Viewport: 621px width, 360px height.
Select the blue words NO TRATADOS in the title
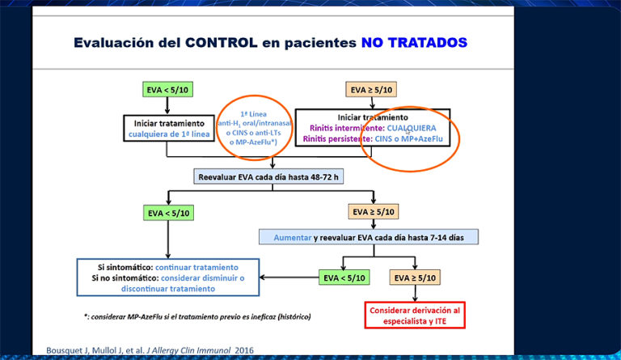tap(414, 41)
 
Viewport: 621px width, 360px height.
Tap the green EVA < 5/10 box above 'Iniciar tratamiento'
tap(168, 90)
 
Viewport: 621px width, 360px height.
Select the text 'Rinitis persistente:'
tap(336, 139)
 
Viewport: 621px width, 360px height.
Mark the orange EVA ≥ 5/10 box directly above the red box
tap(416, 277)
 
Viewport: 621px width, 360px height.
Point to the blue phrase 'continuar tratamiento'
tap(196, 266)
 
